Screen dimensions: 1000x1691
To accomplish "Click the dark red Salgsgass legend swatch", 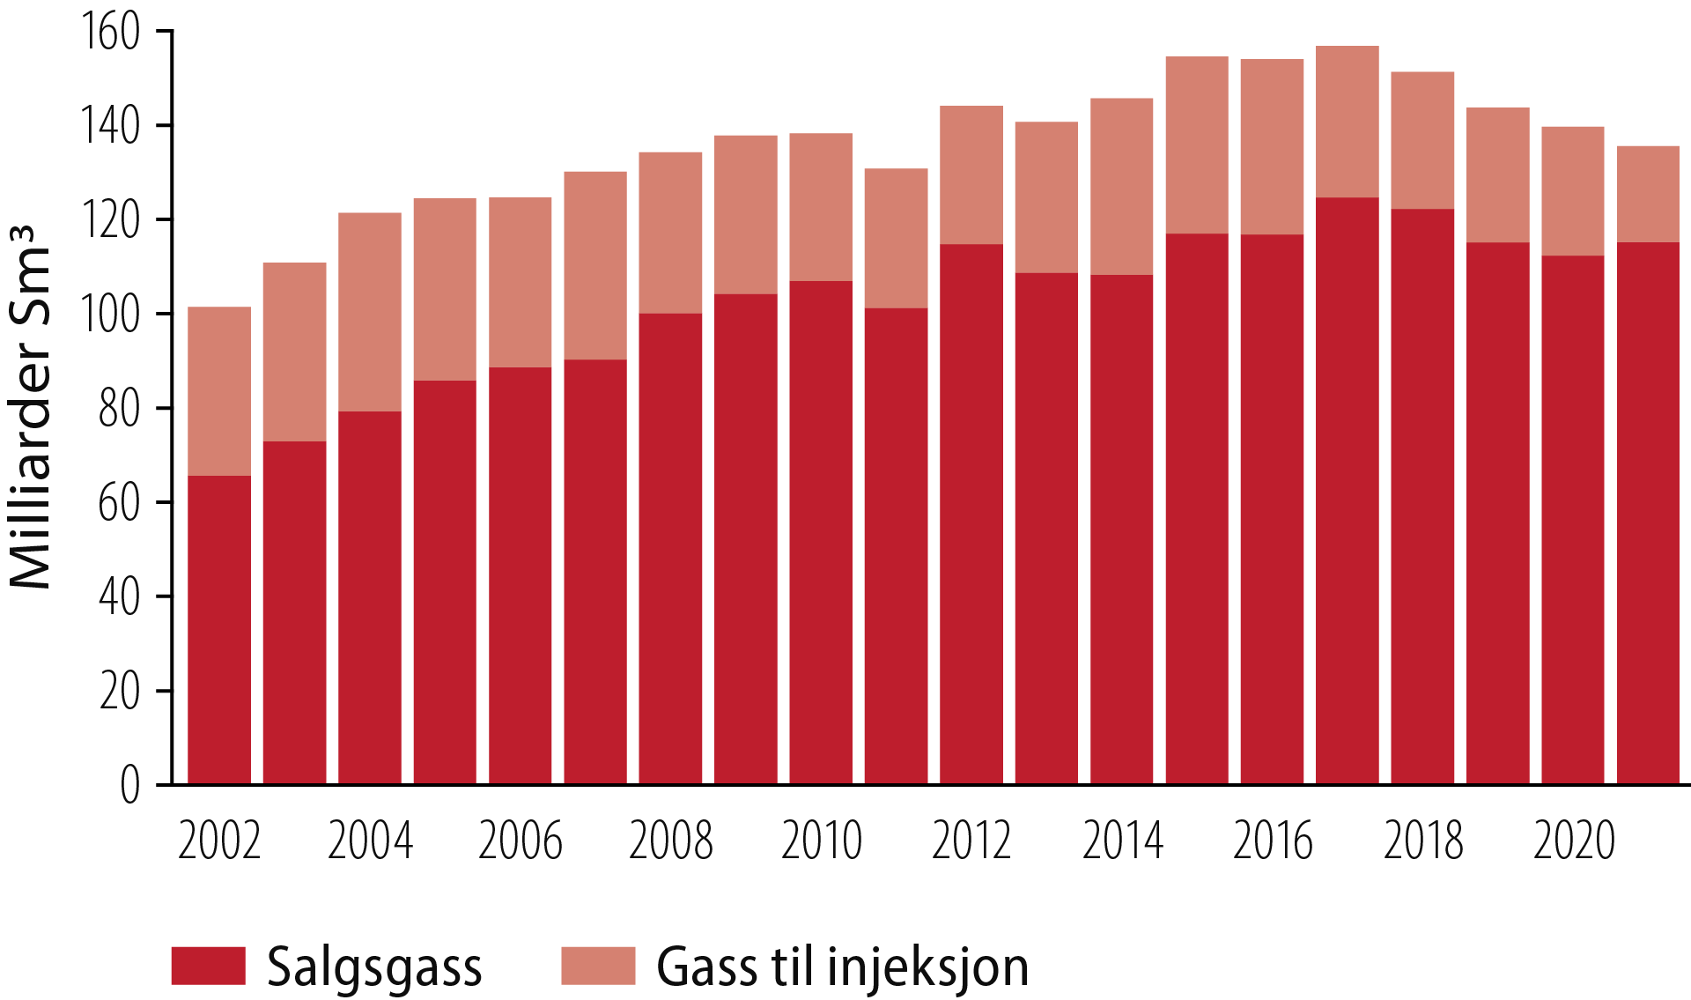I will pyautogui.click(x=208, y=966).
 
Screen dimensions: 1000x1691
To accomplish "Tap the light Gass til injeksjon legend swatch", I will pyautogui.click(x=598, y=966).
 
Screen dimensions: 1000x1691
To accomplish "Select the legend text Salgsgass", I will pyautogui.click(x=374, y=967).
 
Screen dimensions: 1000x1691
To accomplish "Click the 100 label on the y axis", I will pyautogui.click(x=110, y=315).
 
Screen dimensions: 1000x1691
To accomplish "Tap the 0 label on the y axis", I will pyautogui.click(x=129, y=784).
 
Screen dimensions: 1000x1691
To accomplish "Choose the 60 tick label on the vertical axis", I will pyautogui.click(x=119, y=503).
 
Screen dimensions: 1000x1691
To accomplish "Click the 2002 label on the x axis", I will pyautogui.click(x=219, y=841).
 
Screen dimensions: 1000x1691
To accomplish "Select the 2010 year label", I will pyautogui.click(x=821, y=841).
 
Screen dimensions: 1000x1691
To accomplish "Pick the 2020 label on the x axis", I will pyautogui.click(x=1574, y=841).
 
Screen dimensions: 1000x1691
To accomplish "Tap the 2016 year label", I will pyautogui.click(x=1273, y=841).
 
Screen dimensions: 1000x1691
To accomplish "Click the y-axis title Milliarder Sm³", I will pyautogui.click(x=32, y=407).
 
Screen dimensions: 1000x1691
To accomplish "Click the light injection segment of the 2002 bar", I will pyautogui.click(x=219, y=391).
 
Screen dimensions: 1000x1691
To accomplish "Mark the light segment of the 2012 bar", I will pyautogui.click(x=971, y=174).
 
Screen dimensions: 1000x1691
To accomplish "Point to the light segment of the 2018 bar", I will pyautogui.click(x=1422, y=140).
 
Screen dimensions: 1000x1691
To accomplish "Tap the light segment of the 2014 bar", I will pyautogui.click(x=1122, y=186).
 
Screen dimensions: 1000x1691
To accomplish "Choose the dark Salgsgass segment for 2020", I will pyautogui.click(x=1573, y=520).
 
